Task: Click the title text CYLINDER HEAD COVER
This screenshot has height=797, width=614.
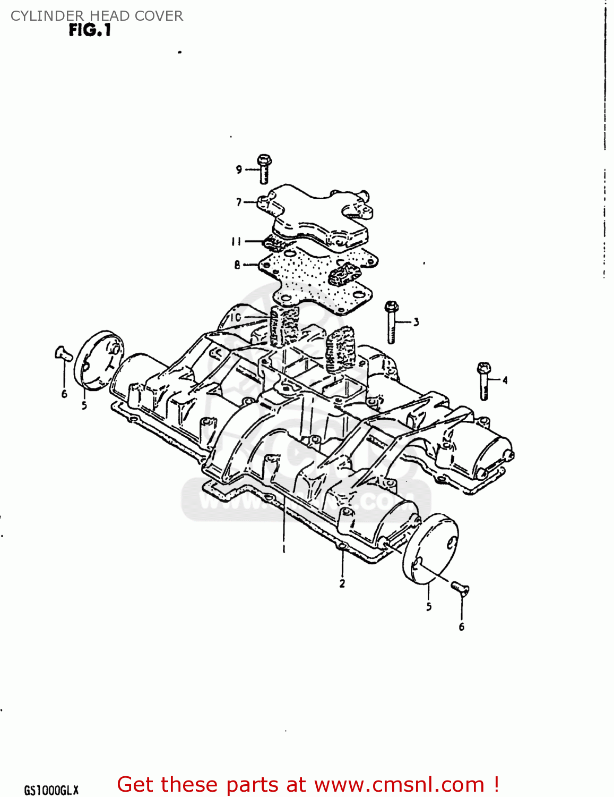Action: click(97, 16)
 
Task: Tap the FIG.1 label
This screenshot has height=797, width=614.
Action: click(90, 30)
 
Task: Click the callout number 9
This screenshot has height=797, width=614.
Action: click(239, 169)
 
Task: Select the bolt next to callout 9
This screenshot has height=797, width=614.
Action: click(264, 167)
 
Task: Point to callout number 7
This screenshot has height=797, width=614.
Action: click(239, 202)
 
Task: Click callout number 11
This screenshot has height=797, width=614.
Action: click(236, 242)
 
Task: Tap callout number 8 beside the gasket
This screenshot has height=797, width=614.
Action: click(237, 265)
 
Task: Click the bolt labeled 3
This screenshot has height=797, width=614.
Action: click(392, 322)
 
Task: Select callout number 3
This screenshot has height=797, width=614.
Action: click(416, 321)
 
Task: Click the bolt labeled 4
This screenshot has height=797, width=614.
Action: click(484, 380)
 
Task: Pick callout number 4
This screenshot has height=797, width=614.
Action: click(505, 380)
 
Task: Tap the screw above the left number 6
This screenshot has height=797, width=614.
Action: click(63, 353)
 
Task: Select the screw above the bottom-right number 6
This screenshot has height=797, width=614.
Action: click(460, 588)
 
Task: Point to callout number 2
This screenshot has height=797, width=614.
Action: click(342, 583)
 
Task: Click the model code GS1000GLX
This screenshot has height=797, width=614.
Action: click(51, 790)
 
